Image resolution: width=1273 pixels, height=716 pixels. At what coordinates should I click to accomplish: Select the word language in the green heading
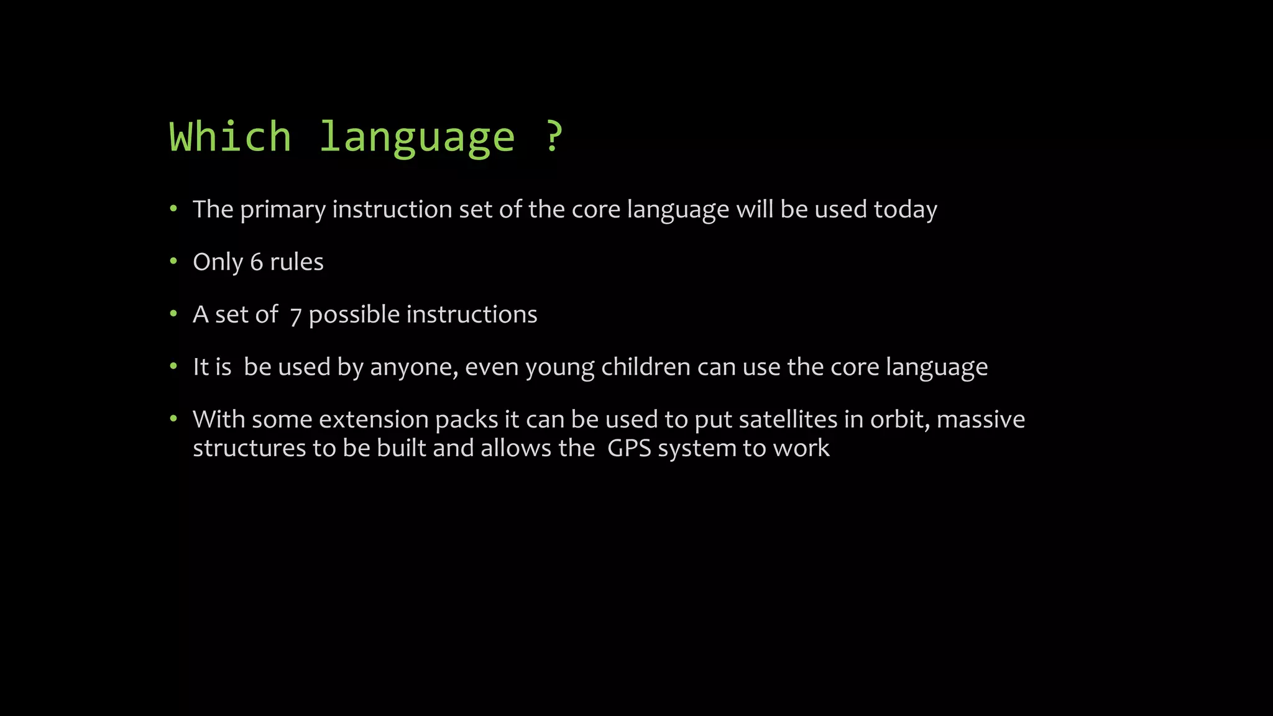pos(417,138)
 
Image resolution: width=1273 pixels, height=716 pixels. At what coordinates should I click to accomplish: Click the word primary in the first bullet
pos(283,210)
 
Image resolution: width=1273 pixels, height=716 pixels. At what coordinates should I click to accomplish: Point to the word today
pos(905,210)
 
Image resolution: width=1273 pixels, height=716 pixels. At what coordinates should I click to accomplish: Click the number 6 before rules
pos(256,262)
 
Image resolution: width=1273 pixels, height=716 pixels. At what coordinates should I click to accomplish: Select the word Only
pos(218,262)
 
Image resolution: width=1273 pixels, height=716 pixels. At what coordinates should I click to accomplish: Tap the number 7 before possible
pos(295,316)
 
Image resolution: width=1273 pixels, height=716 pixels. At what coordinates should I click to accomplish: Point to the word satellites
pos(788,420)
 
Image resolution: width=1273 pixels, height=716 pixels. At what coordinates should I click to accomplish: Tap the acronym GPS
pos(628,448)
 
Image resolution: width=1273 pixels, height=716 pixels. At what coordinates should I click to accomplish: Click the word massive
pos(980,420)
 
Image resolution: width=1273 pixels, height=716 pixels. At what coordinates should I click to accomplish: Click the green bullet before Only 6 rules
pos(173,261)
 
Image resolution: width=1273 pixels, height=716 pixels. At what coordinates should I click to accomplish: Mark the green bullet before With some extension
pos(173,418)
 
